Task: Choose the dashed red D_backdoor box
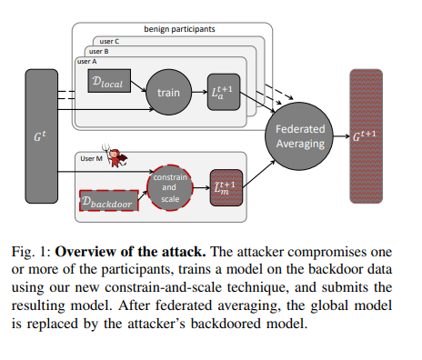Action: [x=107, y=201]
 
